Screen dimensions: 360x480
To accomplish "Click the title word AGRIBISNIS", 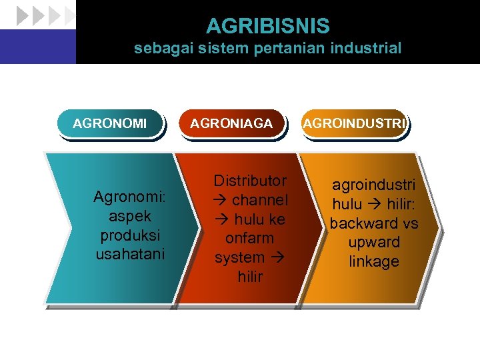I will point(267,26).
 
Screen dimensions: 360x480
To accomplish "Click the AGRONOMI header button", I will point(110,123).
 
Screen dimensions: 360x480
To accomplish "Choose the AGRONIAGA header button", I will point(231,123).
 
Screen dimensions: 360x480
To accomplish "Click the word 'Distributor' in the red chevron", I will point(250,181).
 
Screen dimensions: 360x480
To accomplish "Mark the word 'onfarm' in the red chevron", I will point(250,238).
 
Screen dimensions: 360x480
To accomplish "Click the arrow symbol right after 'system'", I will point(276,257).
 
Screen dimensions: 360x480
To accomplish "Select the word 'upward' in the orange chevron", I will point(373,242).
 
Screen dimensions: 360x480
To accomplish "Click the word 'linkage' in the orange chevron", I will point(373,261).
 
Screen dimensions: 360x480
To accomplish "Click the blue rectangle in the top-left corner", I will point(37,47).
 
